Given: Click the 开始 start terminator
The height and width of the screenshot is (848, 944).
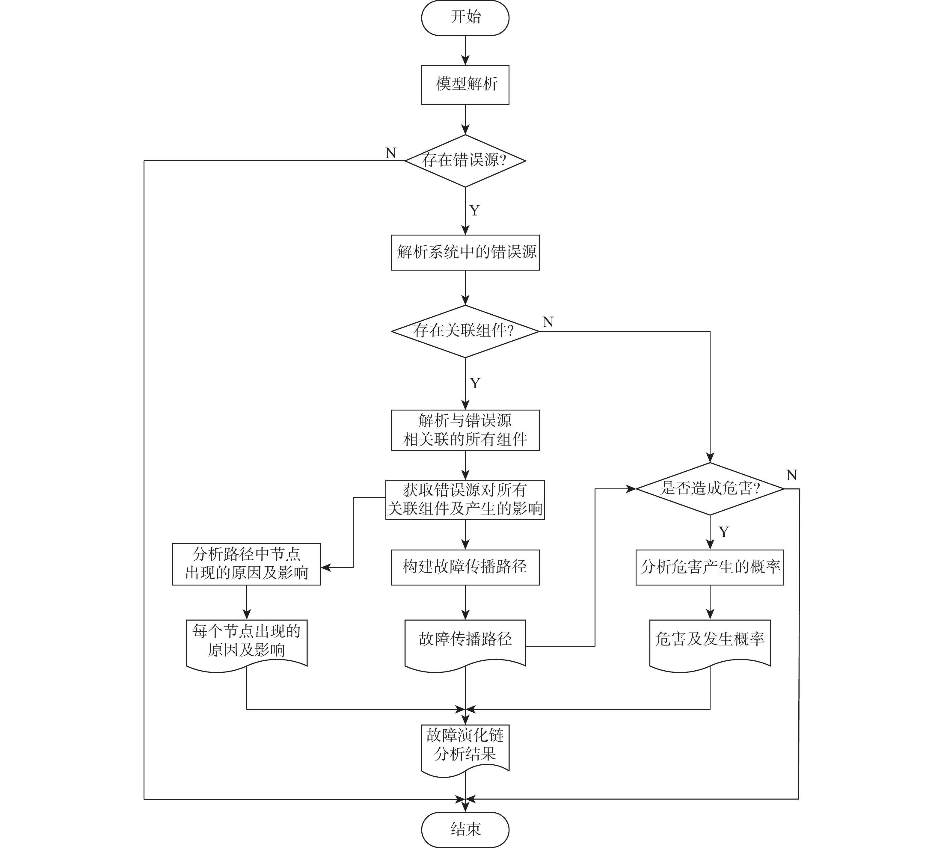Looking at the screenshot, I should click(465, 18).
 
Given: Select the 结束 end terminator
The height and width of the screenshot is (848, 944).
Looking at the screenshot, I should click(465, 829).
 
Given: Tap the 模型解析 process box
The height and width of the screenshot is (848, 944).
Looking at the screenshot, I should click(465, 85).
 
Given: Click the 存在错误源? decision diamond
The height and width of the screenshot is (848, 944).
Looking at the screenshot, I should click(465, 161).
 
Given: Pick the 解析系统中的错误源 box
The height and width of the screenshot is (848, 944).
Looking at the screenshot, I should click(465, 252).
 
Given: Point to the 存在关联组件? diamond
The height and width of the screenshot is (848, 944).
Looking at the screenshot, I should click(465, 331).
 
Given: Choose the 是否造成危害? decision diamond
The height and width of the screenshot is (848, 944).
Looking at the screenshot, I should click(710, 488).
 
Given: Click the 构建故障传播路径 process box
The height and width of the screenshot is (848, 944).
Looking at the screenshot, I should click(465, 567).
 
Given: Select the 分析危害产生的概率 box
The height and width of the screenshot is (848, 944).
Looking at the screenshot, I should click(710, 567).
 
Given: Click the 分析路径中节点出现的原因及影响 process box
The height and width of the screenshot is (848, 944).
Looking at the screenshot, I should click(246, 564).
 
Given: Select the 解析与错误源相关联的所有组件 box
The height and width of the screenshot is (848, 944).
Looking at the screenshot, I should click(465, 430).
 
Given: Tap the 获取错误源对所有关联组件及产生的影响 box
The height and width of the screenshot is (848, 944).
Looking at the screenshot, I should click(465, 500).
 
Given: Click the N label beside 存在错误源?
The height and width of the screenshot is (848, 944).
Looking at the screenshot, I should click(391, 153).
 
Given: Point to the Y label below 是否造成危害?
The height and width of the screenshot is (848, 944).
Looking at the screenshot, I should click(724, 532).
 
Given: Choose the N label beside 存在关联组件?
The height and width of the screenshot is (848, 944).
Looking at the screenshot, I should click(548, 322).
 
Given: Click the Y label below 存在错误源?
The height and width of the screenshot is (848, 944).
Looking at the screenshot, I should click(474, 211).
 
